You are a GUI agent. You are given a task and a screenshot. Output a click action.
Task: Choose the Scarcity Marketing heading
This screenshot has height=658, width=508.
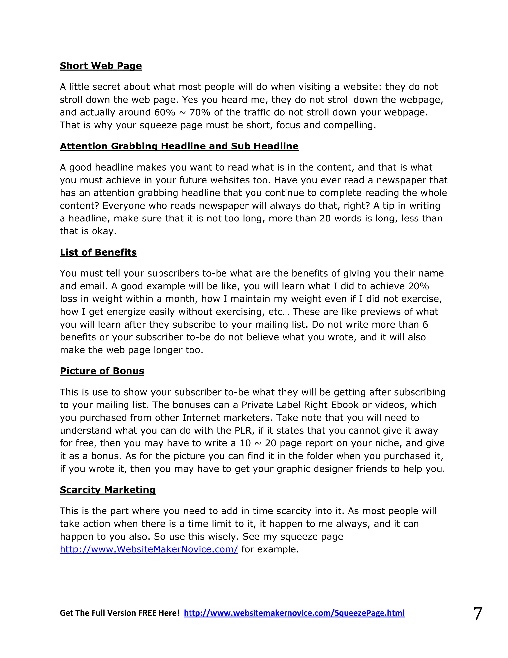[x=107, y=490]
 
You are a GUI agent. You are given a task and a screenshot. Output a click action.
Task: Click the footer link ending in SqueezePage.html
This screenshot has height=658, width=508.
[x=294, y=613]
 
